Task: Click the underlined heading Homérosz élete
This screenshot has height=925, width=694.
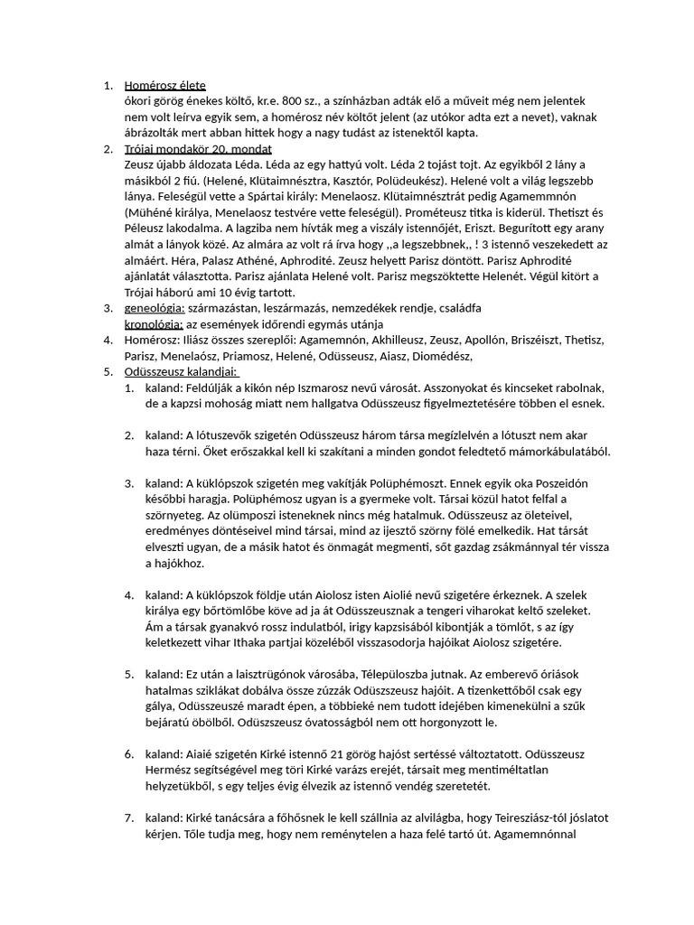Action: coord(166,86)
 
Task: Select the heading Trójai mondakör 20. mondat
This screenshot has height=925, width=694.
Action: coord(198,148)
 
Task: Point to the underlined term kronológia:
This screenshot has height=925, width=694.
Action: coord(153,323)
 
